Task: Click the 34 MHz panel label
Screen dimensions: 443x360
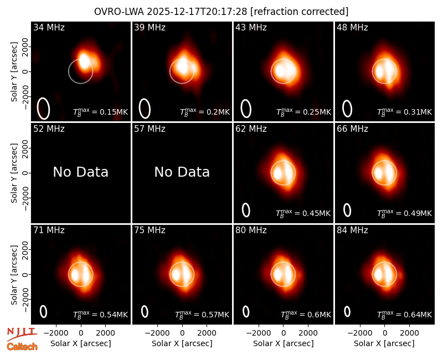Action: (x=49, y=27)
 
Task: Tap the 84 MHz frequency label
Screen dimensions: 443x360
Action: (x=352, y=230)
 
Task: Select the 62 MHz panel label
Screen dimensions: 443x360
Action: (x=251, y=129)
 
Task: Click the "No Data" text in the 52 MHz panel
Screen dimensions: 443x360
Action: (x=81, y=172)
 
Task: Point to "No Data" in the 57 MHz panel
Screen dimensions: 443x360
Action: (x=182, y=172)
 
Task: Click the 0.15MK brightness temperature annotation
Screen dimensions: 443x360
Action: (x=101, y=112)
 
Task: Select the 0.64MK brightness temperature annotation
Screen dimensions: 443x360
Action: (x=405, y=314)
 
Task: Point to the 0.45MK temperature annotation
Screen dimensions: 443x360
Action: (x=303, y=213)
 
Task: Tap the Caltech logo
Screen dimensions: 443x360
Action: (x=22, y=347)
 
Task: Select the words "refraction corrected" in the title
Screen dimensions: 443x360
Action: (x=300, y=12)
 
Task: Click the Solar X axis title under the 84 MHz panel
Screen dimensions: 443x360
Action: (x=384, y=343)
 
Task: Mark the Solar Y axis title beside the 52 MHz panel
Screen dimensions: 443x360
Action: (x=14, y=173)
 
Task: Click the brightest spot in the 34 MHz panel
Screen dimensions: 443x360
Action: (x=84, y=60)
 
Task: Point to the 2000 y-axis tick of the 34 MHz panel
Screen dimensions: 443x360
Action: (x=25, y=47)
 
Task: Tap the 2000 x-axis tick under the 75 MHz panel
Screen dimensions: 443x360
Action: (x=207, y=333)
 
